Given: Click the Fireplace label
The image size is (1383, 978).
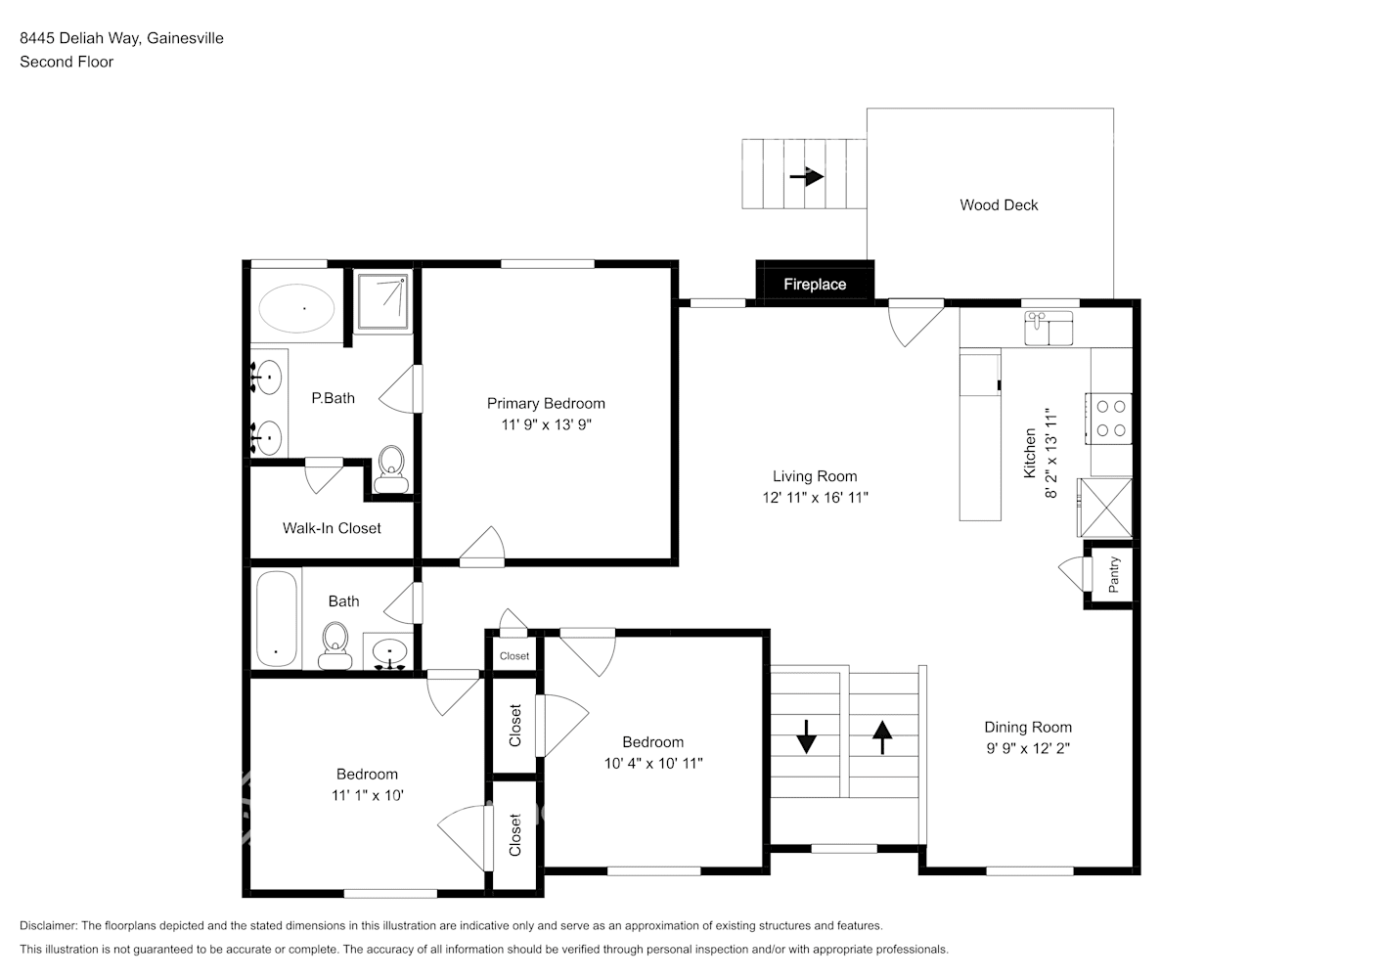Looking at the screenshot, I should [814, 285].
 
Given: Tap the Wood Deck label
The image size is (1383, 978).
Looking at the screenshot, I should [999, 204].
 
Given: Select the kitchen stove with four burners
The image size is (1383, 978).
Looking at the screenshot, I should [1109, 418].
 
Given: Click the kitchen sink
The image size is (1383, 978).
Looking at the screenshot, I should [1048, 330].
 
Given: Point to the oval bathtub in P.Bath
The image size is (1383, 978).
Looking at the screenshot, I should [296, 308].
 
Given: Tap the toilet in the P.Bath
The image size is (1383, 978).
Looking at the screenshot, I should [392, 468].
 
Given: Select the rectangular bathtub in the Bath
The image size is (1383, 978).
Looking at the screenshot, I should [276, 618].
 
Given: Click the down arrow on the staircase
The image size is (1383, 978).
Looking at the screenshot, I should [806, 736].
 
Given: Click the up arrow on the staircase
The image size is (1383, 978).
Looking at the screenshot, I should [882, 736].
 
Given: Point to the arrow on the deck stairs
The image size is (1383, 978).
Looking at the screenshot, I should [807, 177].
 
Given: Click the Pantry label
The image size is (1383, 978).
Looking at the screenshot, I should [1113, 575].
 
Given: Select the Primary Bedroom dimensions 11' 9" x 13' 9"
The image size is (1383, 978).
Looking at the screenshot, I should [546, 424].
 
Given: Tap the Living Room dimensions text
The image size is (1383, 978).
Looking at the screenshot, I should [815, 498].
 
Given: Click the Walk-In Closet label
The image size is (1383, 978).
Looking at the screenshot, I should [332, 528].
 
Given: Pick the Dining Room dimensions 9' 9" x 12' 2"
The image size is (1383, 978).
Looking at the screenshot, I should [1027, 748].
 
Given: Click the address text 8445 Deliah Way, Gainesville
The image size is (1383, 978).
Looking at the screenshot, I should [121, 38].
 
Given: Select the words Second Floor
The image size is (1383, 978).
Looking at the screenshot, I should [67, 62].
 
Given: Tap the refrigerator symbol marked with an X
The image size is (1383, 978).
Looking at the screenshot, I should [1106, 508].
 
